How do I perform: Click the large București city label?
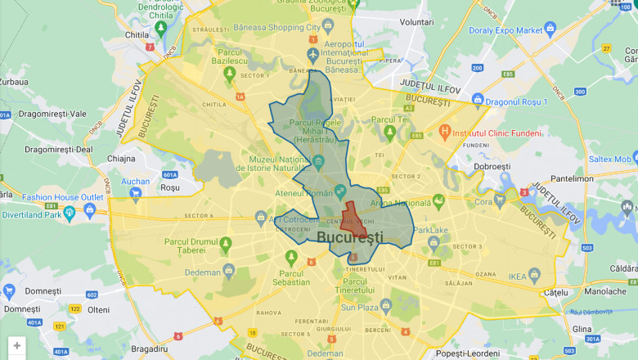coord(349,237)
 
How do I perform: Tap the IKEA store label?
coord(518,277)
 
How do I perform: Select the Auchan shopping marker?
coord(135,182)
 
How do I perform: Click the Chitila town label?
coord(136,35)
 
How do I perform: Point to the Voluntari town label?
coord(416,22)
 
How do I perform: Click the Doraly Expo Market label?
coord(505,30)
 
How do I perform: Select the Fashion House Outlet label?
coord(62,197)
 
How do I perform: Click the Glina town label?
coord(583,328)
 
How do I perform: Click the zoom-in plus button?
coord(17,346)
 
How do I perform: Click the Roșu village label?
coord(169,187)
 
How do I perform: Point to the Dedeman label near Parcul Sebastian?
coord(203,272)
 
